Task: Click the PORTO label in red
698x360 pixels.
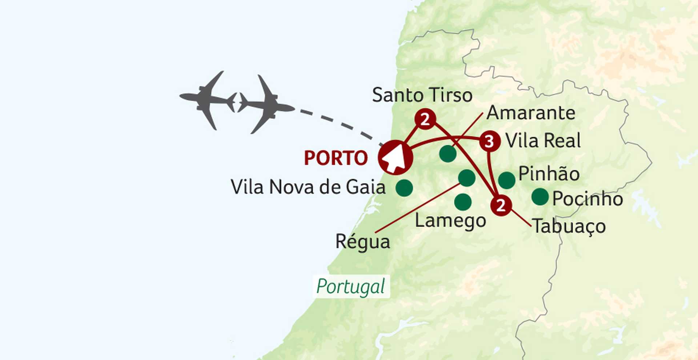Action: pos(336,158)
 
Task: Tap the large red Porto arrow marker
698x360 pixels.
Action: pos(395,157)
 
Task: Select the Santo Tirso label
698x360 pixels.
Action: pos(422,95)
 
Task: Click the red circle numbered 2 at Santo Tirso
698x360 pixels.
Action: pos(425,119)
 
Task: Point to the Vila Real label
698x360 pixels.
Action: pos(543,141)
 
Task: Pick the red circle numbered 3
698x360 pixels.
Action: pos(489,141)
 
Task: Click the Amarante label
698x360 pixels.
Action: pos(531,113)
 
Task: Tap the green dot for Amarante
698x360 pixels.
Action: pos(448,154)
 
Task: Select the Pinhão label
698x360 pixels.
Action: pos(549,174)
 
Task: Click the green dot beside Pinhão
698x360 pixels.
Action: pos(506,180)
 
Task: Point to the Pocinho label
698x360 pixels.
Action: pos(587,199)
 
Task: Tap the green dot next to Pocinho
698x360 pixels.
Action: pos(540,197)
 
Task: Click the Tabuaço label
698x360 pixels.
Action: pos(569,226)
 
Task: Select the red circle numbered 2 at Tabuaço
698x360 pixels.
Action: pos(501,205)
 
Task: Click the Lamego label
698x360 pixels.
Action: pos(450,221)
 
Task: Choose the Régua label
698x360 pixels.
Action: pos(362,242)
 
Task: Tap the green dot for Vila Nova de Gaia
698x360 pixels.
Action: pos(404,188)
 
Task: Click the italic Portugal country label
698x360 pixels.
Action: pos(351,287)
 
